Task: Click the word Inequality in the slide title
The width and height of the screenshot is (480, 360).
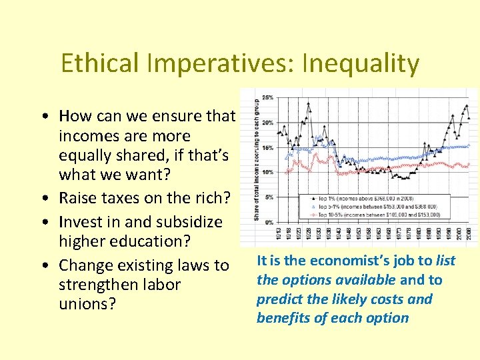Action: (360, 64)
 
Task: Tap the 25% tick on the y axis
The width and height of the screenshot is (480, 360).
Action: (267, 98)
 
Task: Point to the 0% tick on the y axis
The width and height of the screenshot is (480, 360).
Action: (269, 221)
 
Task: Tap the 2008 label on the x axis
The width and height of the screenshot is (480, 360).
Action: (469, 235)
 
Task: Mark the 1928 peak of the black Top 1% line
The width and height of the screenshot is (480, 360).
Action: (308, 103)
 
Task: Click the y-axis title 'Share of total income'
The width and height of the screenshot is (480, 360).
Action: (257, 160)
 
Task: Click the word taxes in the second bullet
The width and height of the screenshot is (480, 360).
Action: (122, 199)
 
